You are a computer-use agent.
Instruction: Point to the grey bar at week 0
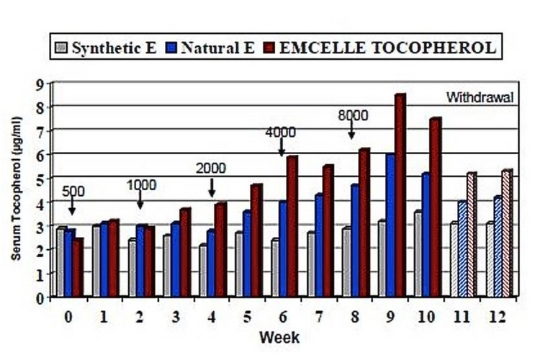click(x=61, y=262)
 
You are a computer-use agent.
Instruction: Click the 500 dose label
click(x=73, y=192)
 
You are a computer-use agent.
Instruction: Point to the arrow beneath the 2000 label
click(x=212, y=188)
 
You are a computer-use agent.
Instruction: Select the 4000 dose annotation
click(x=281, y=132)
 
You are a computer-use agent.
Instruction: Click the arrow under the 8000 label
click(x=351, y=130)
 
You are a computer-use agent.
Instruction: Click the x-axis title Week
click(x=280, y=337)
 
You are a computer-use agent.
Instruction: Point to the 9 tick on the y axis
click(x=40, y=84)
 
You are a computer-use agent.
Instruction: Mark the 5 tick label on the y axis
click(x=40, y=178)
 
